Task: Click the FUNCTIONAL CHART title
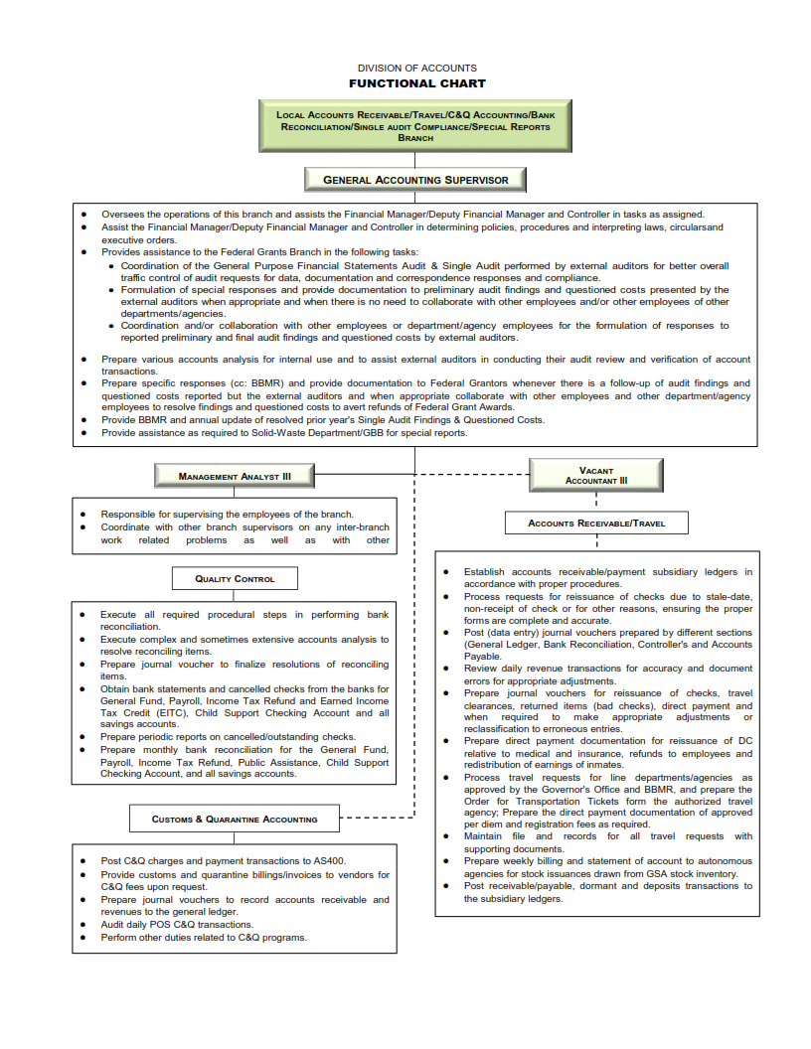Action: click(416, 83)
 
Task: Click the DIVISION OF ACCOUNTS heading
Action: click(416, 69)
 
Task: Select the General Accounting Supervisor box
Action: click(415, 180)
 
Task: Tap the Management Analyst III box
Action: click(235, 477)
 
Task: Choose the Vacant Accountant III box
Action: click(596, 476)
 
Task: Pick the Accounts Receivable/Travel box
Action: click(596, 523)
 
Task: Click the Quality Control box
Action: click(235, 578)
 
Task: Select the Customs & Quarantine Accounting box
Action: click(235, 820)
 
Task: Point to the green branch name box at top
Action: click(415, 127)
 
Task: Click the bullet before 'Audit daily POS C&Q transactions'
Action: click(84, 925)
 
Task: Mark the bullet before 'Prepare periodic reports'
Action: click(84, 737)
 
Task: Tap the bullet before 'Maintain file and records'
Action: click(447, 836)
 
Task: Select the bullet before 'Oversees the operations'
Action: click(84, 215)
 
